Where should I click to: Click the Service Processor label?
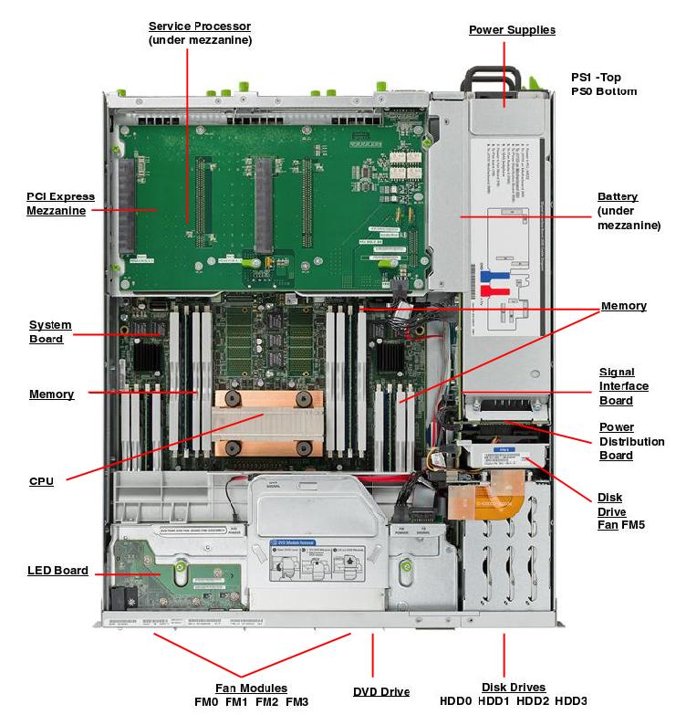pyautogui.click(x=200, y=26)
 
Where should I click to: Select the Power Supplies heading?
pyautogui.click(x=512, y=30)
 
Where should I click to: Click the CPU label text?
pyautogui.click(x=41, y=480)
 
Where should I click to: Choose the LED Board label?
pyautogui.click(x=57, y=571)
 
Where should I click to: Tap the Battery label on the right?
pyautogui.click(x=618, y=197)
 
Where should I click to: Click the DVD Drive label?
pyautogui.click(x=381, y=691)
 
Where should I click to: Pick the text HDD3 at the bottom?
pyautogui.click(x=570, y=701)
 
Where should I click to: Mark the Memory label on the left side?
pyautogui.click(x=51, y=394)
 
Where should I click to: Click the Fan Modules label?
pyautogui.click(x=251, y=688)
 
